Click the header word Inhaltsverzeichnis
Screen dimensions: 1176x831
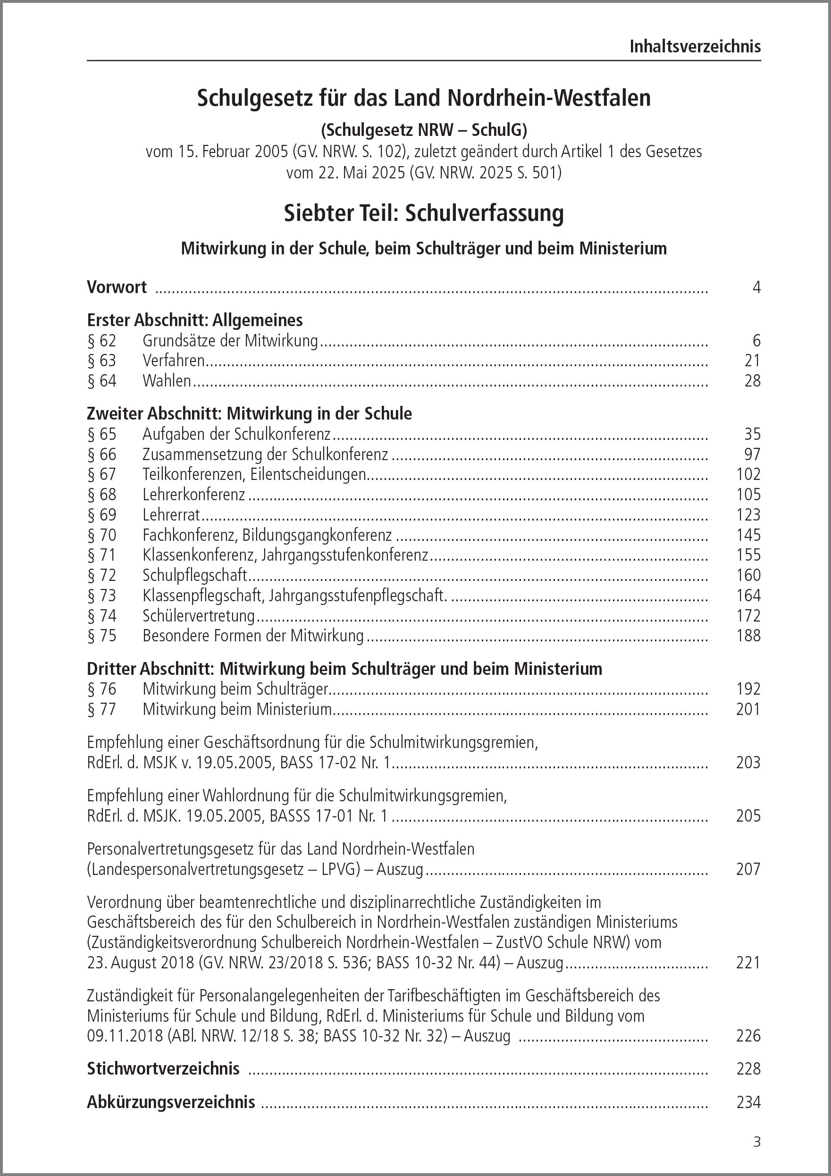click(695, 47)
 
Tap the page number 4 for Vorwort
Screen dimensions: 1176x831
click(756, 287)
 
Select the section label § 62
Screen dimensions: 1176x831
click(102, 341)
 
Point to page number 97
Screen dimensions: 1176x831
click(752, 454)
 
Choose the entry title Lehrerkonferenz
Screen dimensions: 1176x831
click(193, 495)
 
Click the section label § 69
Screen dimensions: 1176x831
click(102, 515)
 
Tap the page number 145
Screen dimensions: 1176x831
click(748, 535)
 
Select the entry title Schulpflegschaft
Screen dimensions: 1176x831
click(195, 575)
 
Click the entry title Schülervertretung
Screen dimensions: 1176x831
click(198, 616)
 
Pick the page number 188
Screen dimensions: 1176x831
click(748, 636)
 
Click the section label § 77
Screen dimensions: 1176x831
click(102, 709)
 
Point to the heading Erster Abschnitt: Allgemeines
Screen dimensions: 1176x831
click(195, 320)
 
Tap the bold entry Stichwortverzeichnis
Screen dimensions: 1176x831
click(163, 1068)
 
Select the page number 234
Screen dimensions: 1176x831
click(748, 1102)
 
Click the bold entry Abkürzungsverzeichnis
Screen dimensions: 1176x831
click(171, 1102)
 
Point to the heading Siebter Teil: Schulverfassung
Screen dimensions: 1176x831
click(424, 213)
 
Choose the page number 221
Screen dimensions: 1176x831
click(748, 963)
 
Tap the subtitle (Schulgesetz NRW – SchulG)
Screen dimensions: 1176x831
click(424, 130)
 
